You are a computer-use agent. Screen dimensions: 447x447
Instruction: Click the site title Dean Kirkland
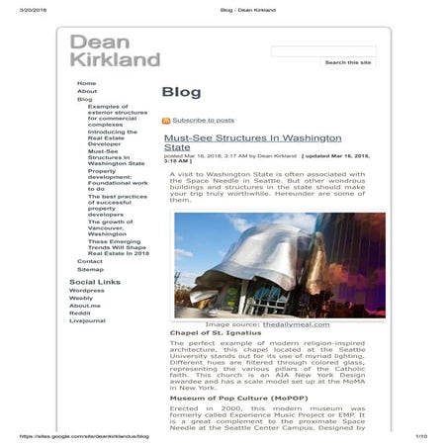[114, 49]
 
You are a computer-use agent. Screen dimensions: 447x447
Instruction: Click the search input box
[322, 50]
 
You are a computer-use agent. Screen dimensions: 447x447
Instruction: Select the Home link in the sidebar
[87, 83]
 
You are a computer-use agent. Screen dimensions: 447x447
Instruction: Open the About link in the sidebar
[87, 91]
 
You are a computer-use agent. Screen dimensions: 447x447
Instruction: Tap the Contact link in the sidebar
[90, 261]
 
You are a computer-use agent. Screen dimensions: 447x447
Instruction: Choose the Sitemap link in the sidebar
[90, 269]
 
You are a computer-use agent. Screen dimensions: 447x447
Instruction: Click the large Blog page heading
[181, 93]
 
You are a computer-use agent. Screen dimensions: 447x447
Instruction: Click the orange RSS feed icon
[166, 120]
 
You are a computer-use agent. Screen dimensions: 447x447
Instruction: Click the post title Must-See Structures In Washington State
[252, 142]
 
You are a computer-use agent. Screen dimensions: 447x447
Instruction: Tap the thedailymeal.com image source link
[291, 324]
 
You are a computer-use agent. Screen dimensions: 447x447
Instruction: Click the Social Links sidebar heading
[95, 282]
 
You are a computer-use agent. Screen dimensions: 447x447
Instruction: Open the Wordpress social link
[87, 291]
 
